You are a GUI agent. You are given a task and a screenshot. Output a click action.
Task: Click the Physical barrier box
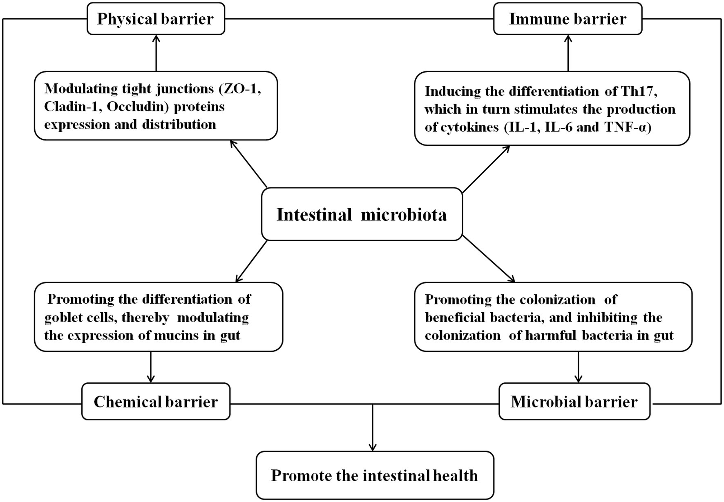[x=156, y=19]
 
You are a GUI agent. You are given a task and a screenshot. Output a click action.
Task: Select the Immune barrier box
[x=568, y=19]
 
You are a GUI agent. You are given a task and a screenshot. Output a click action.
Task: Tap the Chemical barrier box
[x=156, y=402]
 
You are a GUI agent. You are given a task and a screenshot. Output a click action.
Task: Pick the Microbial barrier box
[x=574, y=402]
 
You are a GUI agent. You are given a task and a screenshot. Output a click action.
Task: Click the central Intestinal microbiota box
[x=362, y=214]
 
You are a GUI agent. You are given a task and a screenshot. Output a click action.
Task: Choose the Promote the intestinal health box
[x=375, y=475]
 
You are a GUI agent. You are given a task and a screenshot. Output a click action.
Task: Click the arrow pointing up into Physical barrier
[x=156, y=53]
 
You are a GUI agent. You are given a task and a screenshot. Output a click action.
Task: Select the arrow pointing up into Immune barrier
[x=568, y=53]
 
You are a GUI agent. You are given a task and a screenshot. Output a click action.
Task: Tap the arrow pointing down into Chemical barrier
[x=151, y=367]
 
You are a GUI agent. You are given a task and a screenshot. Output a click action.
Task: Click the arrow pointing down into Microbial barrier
[x=578, y=367]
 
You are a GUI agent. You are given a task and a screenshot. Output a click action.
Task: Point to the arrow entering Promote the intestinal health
[x=373, y=428]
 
